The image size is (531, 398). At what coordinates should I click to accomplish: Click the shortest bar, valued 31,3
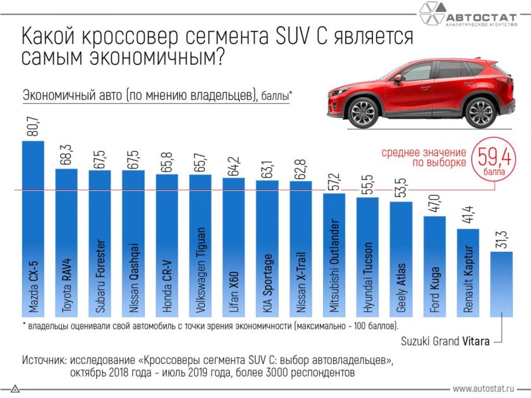501,284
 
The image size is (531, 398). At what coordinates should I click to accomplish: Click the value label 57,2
334,179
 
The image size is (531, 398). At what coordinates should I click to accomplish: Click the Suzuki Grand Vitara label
445,341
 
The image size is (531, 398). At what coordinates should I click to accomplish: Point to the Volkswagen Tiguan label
200,272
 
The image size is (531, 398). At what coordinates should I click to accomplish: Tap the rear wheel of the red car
478,111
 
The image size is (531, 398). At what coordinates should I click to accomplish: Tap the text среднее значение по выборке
423,157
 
